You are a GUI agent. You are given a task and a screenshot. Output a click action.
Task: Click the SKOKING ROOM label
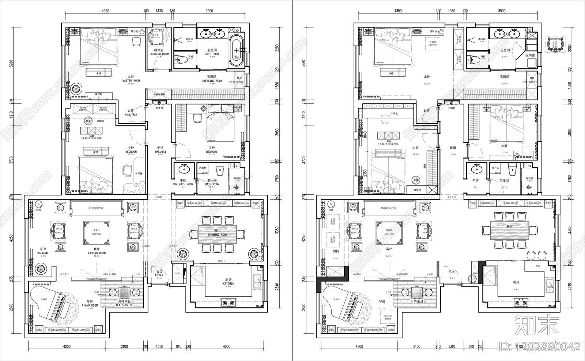159,54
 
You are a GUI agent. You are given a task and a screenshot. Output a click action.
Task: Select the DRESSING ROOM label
212,81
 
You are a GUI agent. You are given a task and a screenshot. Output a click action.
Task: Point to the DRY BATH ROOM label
183,185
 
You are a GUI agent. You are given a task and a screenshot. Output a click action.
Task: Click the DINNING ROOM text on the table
218,235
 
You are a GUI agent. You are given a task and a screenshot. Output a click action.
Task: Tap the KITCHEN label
228,284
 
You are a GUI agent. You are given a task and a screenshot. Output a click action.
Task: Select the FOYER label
159,275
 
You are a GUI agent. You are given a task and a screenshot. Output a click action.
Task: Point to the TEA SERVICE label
124,305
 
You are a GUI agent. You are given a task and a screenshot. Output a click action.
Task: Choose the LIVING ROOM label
97,253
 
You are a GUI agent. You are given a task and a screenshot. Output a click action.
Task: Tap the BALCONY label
43,253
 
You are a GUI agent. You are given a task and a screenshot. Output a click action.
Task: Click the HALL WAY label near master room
131,114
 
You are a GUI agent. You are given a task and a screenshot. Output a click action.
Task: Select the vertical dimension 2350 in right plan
365,173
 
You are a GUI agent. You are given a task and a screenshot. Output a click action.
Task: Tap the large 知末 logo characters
537,324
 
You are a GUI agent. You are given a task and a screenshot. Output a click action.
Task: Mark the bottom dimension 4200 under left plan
67,346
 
